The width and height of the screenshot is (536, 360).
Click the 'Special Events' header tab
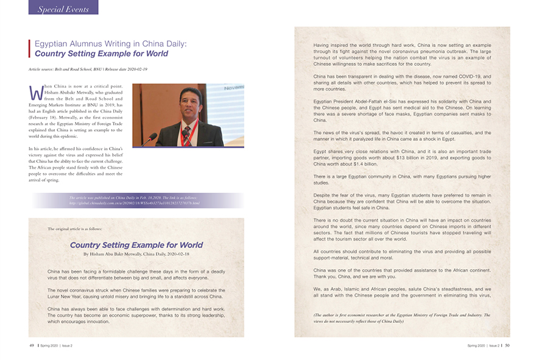63,9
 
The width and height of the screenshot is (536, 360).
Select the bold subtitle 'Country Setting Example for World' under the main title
101,54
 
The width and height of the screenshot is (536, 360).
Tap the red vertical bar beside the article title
30,49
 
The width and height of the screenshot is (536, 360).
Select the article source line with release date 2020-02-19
88,69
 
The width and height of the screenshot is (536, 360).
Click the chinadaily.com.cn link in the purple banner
135,203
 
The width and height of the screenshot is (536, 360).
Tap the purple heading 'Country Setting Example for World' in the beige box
136,245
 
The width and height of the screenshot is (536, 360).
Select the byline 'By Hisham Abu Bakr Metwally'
136,254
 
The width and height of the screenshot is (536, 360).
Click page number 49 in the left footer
32,345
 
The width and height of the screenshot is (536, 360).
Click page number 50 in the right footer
507,345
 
